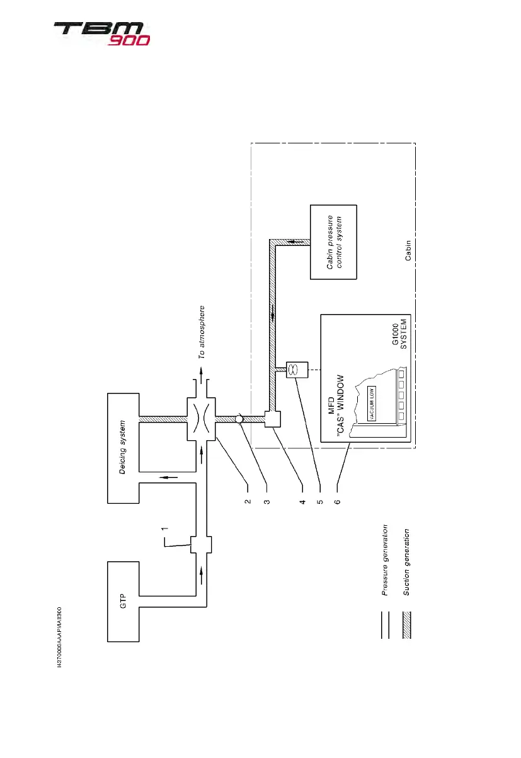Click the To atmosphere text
coord(202,332)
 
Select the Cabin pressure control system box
coord(333,242)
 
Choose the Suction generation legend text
coord(406,562)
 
